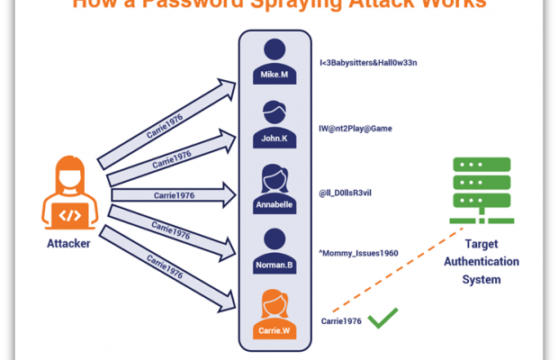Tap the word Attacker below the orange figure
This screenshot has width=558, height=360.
click(68, 243)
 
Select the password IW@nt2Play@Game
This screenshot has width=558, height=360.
click(355, 129)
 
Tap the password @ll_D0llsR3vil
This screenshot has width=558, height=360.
click(350, 193)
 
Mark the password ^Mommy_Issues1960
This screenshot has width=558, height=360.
click(358, 255)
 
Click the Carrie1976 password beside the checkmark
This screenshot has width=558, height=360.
click(341, 320)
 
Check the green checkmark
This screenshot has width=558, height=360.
click(382, 318)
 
